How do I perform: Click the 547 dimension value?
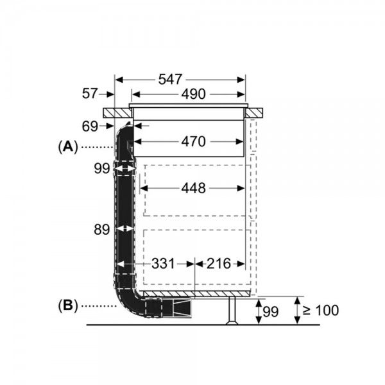[170, 80]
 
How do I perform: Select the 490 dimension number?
[193, 94]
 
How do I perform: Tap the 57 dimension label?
[90, 94]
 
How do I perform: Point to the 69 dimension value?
[90, 126]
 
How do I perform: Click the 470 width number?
[193, 142]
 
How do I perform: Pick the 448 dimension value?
[193, 188]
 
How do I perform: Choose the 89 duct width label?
[101, 230]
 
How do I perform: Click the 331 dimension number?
[163, 264]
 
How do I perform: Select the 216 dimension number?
[219, 264]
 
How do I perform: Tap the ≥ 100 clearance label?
[321, 310]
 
